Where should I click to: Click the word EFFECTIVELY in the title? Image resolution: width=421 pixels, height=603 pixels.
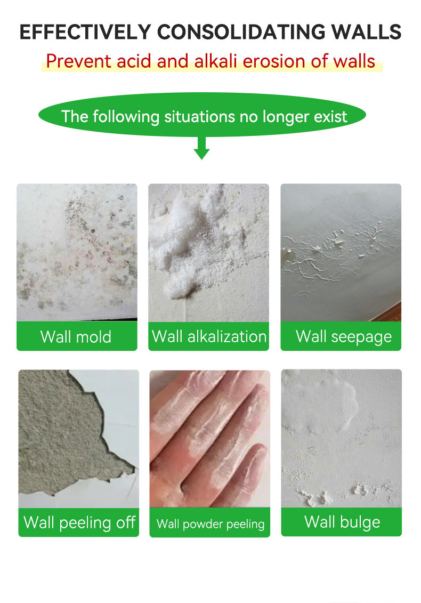[x=85, y=32]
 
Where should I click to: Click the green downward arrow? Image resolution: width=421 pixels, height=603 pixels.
[x=201, y=148]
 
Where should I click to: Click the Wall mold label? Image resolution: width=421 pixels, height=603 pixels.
[x=76, y=337]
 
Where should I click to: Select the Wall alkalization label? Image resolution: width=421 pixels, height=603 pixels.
[x=209, y=336]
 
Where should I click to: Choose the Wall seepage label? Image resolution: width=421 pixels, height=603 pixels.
[x=344, y=337]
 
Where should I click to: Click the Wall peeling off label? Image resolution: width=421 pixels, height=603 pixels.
[x=79, y=522]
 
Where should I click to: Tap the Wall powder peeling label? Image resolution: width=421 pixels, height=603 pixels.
[x=210, y=524]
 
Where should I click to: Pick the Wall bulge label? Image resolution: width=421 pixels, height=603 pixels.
[x=342, y=522]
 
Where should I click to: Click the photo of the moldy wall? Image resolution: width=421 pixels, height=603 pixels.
[x=77, y=252]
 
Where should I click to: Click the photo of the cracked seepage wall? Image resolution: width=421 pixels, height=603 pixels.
[x=341, y=252]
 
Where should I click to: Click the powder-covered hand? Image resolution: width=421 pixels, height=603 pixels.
[x=209, y=439]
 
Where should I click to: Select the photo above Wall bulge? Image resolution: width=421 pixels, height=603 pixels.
[x=342, y=438]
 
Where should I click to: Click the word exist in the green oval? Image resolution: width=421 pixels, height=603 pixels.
[x=330, y=117]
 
